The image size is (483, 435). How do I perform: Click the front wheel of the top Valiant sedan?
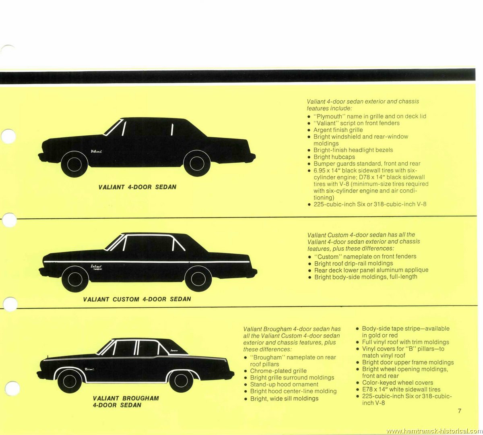[74, 164]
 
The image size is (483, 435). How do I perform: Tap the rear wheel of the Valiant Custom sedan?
[198, 279]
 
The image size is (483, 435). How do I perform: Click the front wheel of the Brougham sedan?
[69, 381]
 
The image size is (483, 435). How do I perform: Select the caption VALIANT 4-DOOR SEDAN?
[137, 187]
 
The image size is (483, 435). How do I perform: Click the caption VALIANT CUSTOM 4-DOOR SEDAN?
[137, 299]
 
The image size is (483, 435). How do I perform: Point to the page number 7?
[459, 411]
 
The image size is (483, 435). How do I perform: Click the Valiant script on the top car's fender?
[96, 151]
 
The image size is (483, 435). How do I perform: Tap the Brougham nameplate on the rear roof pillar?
[174, 350]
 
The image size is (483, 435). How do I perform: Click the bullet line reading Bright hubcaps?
[334, 157]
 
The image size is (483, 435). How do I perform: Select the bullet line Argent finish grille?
[338, 130]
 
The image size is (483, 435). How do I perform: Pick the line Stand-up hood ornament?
[284, 384]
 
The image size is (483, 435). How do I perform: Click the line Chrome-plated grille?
[278, 371]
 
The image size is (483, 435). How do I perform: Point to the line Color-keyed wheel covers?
[397, 383]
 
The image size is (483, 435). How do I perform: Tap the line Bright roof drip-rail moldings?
[353, 263]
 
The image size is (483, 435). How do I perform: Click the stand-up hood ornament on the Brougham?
[48, 357]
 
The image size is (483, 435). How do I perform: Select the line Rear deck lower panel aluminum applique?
[371, 270]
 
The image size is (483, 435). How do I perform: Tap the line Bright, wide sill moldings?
[284, 399]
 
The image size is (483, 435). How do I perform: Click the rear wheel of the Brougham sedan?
[181, 381]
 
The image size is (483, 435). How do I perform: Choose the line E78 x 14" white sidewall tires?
[401, 389]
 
